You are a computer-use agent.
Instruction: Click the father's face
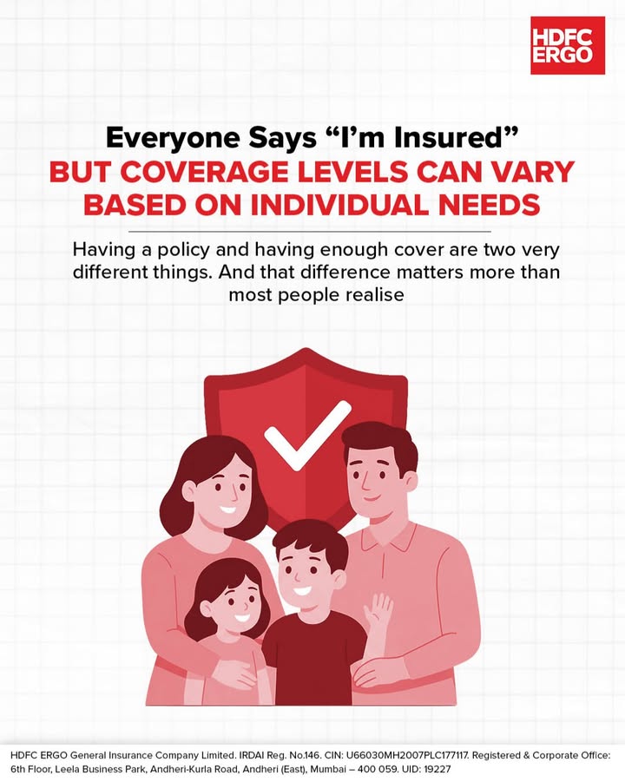[375, 483]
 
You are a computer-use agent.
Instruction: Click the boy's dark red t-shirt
[313, 660]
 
